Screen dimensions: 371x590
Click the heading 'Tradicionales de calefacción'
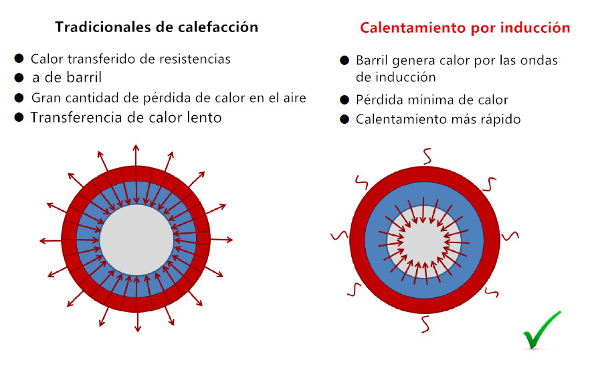157,27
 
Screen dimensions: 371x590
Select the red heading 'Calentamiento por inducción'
465,28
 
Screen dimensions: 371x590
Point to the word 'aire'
293,98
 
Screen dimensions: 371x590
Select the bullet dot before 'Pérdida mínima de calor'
345,100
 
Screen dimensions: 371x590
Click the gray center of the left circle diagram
136,240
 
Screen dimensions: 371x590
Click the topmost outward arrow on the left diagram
136,153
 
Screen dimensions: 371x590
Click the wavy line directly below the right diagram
425,323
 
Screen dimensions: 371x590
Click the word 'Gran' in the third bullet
45,98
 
